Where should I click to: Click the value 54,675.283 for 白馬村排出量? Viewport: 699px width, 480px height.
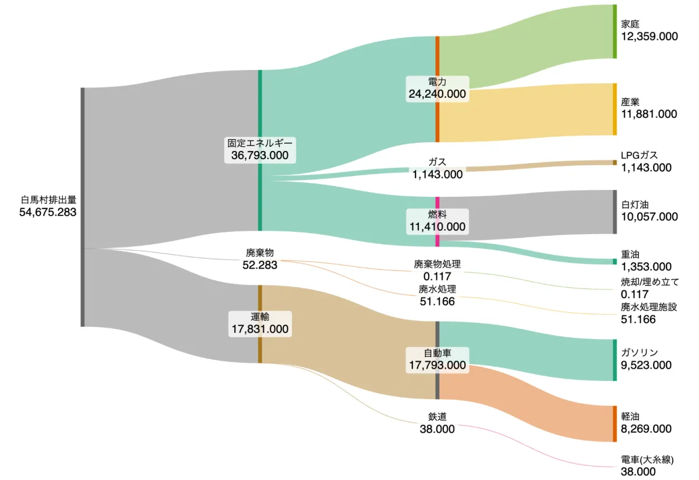click(x=48, y=212)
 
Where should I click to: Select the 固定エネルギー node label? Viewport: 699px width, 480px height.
click(x=260, y=143)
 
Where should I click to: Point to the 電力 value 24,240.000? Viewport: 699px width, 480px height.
click(x=437, y=94)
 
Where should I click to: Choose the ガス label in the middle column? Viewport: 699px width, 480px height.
click(x=437, y=162)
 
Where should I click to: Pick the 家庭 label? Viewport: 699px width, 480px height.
click(x=630, y=24)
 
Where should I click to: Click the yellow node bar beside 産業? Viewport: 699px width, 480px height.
click(x=615, y=109)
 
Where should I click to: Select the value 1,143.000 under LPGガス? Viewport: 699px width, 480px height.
click(x=646, y=168)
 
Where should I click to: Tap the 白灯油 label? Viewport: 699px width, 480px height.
click(x=635, y=204)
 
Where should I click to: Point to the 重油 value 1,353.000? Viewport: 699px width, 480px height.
click(x=646, y=267)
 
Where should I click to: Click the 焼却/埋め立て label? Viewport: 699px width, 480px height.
click(x=649, y=282)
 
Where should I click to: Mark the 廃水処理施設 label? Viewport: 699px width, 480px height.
click(x=649, y=306)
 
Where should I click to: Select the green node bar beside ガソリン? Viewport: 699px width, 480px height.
click(x=615, y=359)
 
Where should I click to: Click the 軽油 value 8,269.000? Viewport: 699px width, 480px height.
click(x=646, y=429)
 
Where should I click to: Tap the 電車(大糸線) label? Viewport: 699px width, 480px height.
click(x=647, y=460)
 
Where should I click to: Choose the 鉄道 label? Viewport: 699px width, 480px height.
click(x=437, y=417)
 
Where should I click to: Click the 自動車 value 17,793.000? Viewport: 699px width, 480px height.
click(x=437, y=366)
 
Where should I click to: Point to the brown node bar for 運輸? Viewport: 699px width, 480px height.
click(x=260, y=324)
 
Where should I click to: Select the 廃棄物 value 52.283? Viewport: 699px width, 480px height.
click(x=260, y=265)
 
